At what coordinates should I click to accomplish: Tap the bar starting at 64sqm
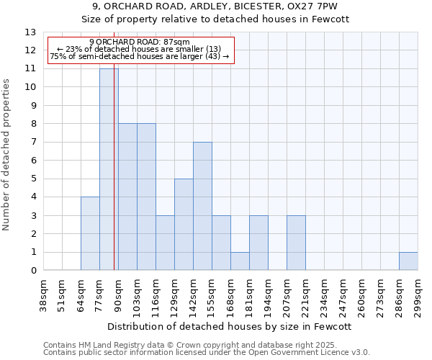(90, 233)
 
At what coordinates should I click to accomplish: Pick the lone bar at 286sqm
(408, 261)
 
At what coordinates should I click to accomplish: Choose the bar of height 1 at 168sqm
(240, 261)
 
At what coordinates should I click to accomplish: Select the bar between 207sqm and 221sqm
(296, 243)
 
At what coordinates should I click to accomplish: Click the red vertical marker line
(114, 180)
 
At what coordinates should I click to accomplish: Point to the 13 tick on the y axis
(30, 32)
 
